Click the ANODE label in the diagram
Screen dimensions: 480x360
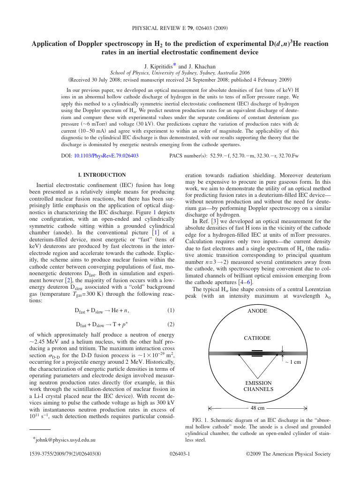257,311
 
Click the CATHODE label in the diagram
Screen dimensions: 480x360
257,338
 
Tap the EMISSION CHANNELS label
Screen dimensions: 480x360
258,386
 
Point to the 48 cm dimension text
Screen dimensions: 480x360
257,408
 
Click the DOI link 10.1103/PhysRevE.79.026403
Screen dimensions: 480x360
106,155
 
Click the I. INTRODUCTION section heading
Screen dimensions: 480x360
102,175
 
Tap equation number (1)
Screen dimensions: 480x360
171,311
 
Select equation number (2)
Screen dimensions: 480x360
171,324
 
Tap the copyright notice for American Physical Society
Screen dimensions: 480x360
288,454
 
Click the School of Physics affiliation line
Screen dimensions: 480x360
180,73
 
